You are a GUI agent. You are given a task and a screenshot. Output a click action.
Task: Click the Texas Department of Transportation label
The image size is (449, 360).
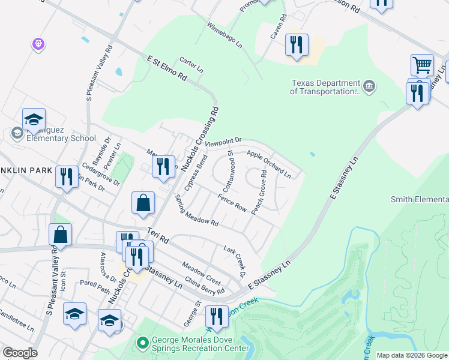(324, 88)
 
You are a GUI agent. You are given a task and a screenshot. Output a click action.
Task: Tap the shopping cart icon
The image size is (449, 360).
(422, 65)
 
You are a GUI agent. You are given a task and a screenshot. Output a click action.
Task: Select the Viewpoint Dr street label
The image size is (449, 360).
(223, 142)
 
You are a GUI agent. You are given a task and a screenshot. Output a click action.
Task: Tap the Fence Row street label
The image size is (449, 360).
(232, 203)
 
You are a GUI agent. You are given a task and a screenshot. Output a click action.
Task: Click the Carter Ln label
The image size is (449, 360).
(191, 65)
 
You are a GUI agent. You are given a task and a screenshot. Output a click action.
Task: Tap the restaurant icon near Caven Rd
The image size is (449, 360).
(297, 45)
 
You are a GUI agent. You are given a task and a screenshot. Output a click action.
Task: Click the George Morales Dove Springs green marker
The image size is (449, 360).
(142, 343)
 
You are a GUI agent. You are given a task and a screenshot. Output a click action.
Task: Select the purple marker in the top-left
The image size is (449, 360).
(38, 43)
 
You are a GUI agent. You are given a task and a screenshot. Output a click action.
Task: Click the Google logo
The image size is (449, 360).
(20, 353)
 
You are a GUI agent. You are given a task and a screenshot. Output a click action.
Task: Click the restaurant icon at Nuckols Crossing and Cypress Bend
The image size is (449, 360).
(163, 166)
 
